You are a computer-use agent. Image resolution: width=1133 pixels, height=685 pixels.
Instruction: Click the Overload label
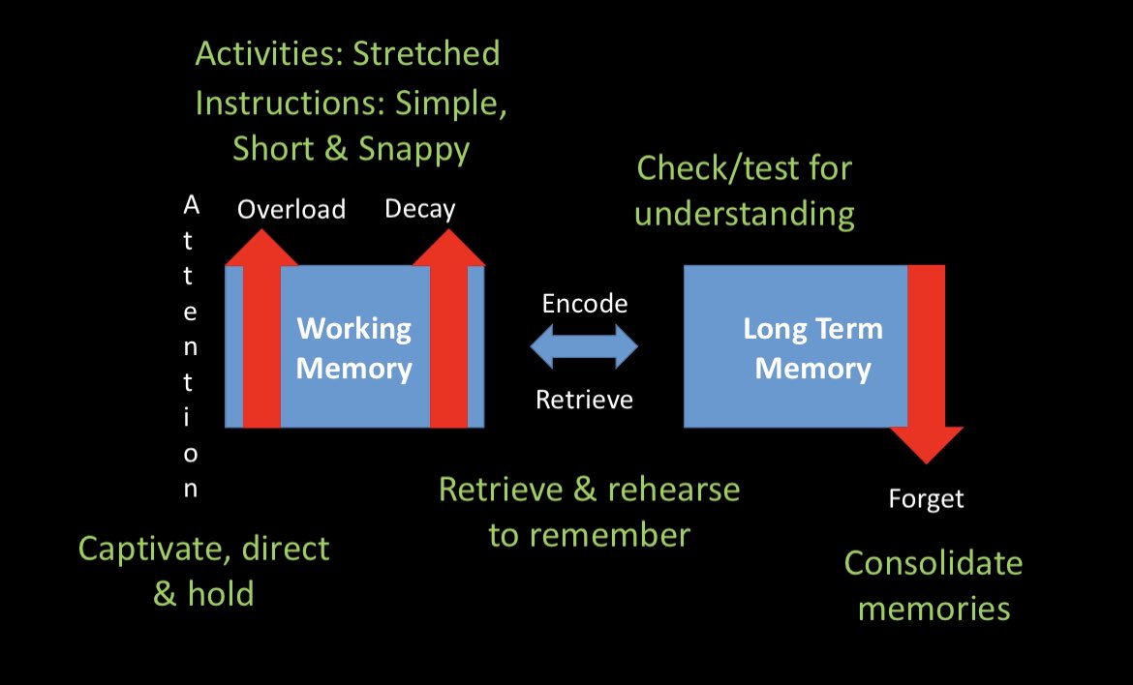point(291,209)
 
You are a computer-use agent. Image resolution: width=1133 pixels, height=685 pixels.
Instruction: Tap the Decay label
point(419,209)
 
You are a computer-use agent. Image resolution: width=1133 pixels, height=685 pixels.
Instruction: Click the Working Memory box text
point(353,348)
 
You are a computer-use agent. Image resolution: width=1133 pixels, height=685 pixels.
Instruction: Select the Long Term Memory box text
point(812,348)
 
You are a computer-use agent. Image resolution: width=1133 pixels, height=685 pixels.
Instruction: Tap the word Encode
point(584,303)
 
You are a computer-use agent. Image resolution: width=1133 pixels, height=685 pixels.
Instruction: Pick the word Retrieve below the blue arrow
point(584,399)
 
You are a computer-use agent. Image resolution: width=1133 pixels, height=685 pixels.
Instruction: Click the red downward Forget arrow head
point(926,445)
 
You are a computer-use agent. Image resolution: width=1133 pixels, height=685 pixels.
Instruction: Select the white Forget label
point(926,499)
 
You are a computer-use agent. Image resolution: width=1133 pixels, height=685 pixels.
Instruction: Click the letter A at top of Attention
point(191,205)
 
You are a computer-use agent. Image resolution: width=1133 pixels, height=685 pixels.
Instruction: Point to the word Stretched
point(426,53)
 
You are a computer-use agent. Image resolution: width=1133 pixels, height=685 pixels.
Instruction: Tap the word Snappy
point(413,149)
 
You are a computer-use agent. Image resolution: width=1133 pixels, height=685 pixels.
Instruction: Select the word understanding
point(744,213)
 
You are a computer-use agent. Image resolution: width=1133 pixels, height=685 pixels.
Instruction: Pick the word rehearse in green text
point(673,490)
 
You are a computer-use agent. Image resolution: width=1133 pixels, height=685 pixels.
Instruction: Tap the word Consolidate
point(933,563)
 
